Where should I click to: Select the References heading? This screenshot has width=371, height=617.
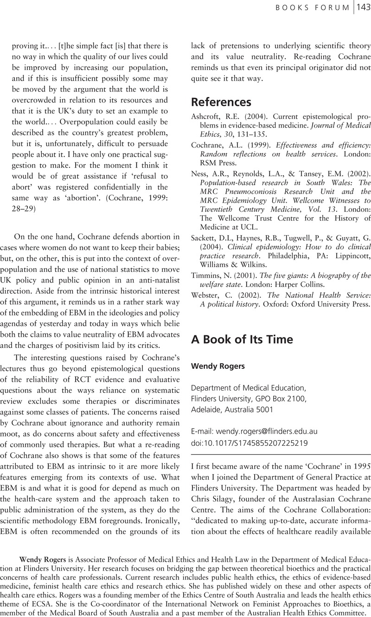coord(221,102)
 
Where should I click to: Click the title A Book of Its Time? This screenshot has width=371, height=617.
coord(242,339)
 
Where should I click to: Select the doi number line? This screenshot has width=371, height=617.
coord(249,443)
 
